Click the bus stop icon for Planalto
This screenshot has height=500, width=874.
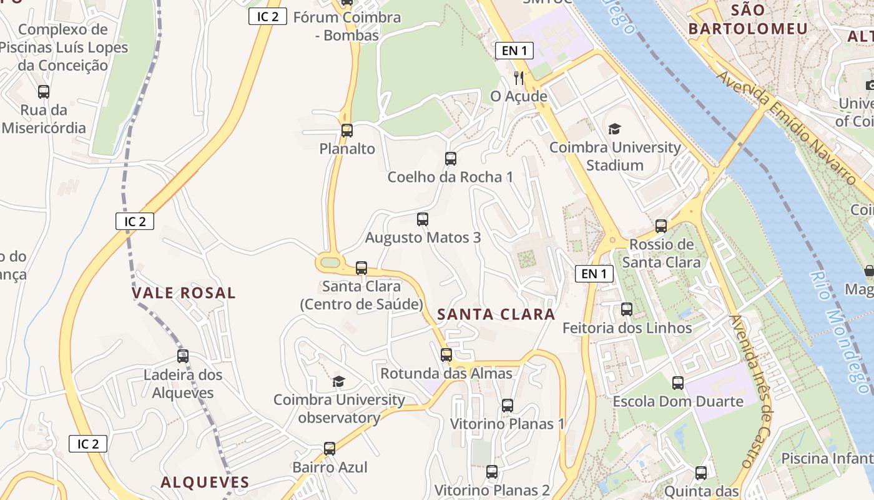coord(347,131)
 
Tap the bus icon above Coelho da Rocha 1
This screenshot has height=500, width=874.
coord(451,159)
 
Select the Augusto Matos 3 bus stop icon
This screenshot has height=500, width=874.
coord(423,219)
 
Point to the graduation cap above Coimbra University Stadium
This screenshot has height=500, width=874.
coord(615,129)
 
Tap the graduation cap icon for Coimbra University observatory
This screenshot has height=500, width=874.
coord(338,381)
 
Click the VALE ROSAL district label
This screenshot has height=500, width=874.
coord(184,293)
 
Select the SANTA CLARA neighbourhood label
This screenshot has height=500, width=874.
coord(496,314)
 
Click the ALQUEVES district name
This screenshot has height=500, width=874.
coord(205,482)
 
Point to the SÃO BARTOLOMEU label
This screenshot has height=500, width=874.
coord(748,19)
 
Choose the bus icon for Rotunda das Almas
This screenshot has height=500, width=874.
coord(446,355)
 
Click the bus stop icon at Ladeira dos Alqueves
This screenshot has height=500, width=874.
coord(183,356)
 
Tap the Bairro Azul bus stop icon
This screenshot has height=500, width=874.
coord(330,449)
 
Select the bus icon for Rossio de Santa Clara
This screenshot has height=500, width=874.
coord(661,226)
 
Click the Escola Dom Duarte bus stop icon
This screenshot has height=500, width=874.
coord(678,383)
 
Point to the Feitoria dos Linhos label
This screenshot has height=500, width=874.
coord(627,328)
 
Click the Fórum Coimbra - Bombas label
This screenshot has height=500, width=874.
coord(346,26)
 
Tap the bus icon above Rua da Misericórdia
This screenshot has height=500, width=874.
coord(44,92)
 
